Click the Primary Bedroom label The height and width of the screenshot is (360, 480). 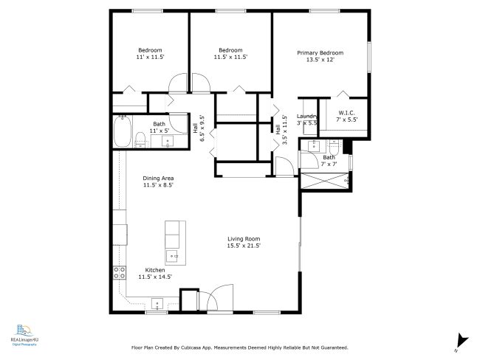tap(320, 53)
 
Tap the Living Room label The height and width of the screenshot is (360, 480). tap(243, 238)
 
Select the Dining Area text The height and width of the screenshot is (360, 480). tap(158, 178)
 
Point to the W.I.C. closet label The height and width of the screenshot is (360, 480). tap(346, 113)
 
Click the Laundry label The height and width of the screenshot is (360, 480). tap(306, 116)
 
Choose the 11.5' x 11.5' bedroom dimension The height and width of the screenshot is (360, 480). tap(230, 57)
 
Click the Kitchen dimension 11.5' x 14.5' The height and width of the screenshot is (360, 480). tap(155, 277)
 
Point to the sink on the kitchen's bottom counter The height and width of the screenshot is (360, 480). tap(157, 302)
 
